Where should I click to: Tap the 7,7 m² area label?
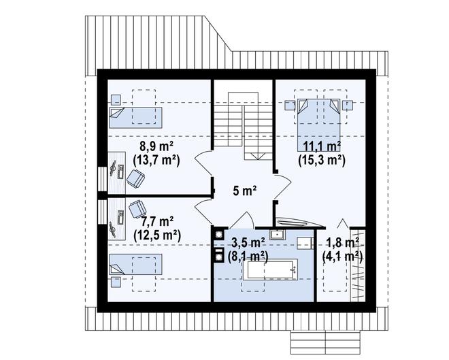click(157, 222)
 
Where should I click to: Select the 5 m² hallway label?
click(244, 191)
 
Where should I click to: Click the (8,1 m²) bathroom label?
click(248, 256)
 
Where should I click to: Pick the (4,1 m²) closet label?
click(342, 256)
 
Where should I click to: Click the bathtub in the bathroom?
click(270, 269)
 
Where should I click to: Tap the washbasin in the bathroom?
click(277, 235)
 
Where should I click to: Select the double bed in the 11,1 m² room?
click(318, 125)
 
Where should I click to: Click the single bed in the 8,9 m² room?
click(135, 118)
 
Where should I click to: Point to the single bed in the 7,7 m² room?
click(135, 264)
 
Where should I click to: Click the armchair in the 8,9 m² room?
click(136, 178)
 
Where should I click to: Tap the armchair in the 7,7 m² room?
click(137, 209)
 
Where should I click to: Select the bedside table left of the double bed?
click(290, 105)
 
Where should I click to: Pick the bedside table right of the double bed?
click(348, 105)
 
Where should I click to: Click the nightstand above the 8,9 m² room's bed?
click(116, 99)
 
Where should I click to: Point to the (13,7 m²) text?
click(156, 161)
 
